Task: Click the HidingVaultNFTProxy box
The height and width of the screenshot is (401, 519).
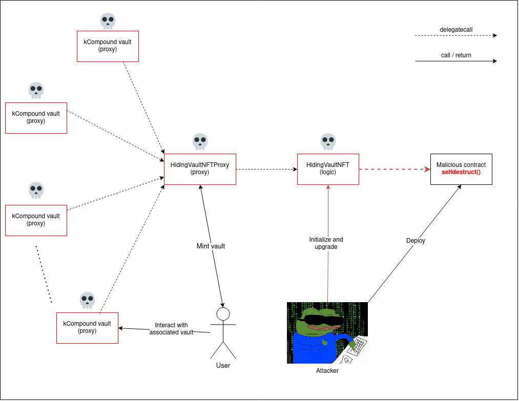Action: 200,169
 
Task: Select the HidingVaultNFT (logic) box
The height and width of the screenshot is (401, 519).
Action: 328,169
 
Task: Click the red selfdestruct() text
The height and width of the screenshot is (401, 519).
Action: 461,173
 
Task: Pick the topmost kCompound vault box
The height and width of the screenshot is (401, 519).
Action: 108,46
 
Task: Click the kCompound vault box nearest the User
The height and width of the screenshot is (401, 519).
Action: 87,328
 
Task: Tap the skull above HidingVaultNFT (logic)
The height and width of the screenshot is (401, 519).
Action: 328,141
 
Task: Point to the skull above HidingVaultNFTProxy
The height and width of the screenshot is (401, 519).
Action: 200,141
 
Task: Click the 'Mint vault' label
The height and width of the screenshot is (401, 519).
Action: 211,246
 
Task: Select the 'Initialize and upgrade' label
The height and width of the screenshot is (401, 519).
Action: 326,243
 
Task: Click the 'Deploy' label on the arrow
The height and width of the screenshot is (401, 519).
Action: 416,241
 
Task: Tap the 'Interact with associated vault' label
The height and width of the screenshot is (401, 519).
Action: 171,329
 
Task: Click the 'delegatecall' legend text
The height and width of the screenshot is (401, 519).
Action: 455,29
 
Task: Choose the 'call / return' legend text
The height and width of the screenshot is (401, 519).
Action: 455,55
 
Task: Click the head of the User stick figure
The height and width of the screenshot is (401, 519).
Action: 223,313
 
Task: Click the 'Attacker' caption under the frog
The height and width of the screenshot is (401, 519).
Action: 327,370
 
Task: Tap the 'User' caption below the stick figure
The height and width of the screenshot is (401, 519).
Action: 223,365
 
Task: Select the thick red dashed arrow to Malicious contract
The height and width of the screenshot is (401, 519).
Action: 395,169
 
